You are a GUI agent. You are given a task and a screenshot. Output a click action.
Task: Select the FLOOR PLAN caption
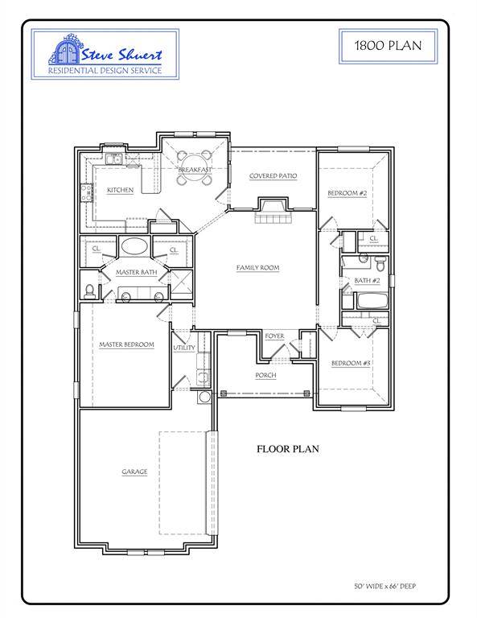pyautogui.click(x=288, y=449)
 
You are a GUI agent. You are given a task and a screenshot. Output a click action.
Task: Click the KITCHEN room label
pyautogui.click(x=120, y=190)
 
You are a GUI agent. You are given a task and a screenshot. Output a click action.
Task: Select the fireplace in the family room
pyautogui.click(x=270, y=211)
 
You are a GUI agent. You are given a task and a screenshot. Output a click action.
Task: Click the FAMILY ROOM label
pyautogui.click(x=257, y=267)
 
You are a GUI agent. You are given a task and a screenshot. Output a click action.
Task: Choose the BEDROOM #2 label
pyautogui.click(x=347, y=194)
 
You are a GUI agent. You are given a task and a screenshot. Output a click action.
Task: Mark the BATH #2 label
pyautogui.click(x=366, y=280)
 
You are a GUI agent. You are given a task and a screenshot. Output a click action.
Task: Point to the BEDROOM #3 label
pyautogui.click(x=351, y=364)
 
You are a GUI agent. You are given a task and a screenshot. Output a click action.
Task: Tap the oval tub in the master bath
pyautogui.click(x=133, y=247)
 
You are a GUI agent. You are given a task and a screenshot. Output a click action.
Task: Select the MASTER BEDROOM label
pyautogui.click(x=126, y=345)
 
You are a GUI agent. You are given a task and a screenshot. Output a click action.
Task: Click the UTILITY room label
pyautogui.click(x=184, y=348)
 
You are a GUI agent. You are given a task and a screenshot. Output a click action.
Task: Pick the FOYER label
pyautogui.click(x=274, y=336)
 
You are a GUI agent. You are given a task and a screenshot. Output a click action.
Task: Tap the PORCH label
pyautogui.click(x=265, y=375)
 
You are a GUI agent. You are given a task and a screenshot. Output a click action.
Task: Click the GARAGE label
pyautogui.click(x=134, y=472)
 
